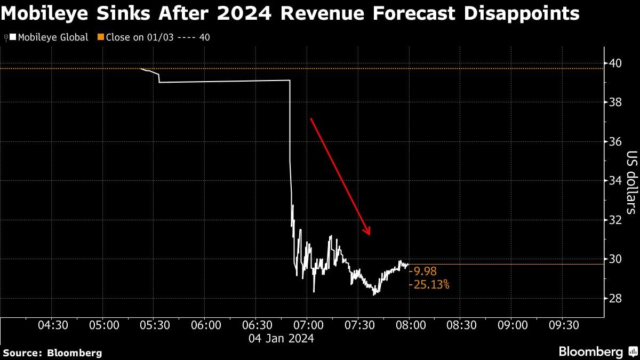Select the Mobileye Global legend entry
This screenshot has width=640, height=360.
pos(52,37)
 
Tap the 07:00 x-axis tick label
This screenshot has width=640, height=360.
pos(307,325)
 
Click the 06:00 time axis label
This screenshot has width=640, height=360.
pos(205,325)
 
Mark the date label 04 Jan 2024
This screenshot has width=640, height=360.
pos(282,338)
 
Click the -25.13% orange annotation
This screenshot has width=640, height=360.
pos(429,285)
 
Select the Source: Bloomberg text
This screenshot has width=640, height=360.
pos(52,353)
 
